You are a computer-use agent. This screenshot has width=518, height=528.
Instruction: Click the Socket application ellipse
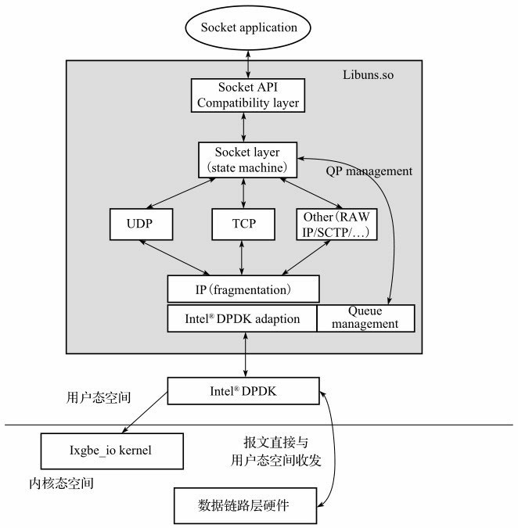(x=249, y=28)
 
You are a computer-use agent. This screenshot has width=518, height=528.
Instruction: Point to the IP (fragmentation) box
(x=243, y=289)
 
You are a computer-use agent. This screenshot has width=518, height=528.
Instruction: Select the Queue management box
(x=365, y=318)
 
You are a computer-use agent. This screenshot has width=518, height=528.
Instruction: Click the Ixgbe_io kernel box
(x=111, y=451)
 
